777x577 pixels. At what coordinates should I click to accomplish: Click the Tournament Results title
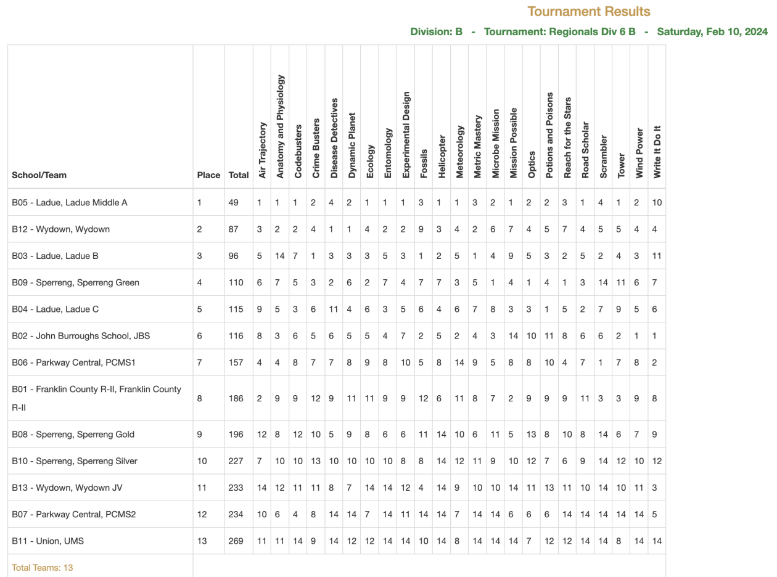[x=588, y=11]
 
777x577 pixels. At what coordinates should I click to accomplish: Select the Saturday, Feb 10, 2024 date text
[x=712, y=31]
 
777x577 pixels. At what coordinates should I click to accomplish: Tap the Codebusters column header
[x=298, y=152]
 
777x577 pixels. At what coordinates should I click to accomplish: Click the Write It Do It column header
[x=657, y=150]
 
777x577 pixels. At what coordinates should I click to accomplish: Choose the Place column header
[x=208, y=175]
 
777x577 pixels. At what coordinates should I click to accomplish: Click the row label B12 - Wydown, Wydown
[x=60, y=229]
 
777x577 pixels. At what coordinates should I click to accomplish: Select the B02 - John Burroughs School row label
[x=81, y=336]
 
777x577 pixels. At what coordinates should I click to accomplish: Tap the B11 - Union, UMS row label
[x=48, y=541]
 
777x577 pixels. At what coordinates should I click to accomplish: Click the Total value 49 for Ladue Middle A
[x=234, y=202]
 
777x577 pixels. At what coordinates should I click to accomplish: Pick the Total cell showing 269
[x=236, y=541]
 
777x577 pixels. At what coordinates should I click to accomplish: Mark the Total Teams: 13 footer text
[x=42, y=567]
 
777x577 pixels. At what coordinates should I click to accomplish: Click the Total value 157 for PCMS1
[x=236, y=362]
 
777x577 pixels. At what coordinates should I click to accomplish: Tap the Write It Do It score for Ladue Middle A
[x=657, y=202]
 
